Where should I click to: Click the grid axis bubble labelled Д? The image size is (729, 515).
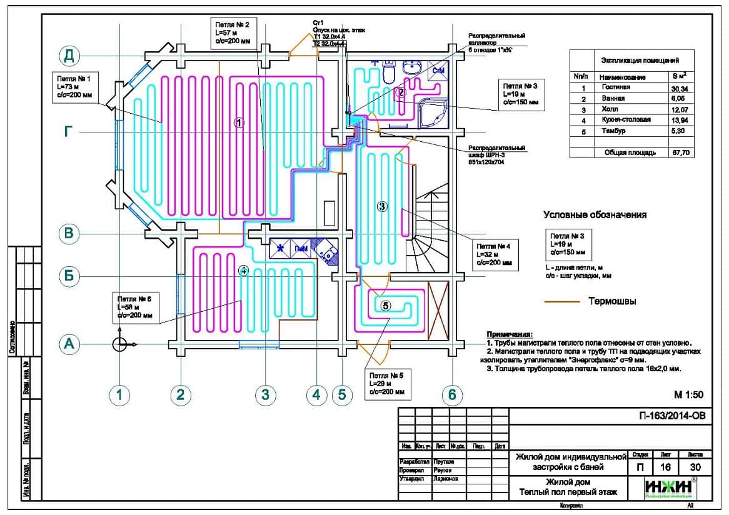point(69,56)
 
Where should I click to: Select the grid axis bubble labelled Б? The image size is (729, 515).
point(69,276)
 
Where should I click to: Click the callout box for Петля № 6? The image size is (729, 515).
point(135,307)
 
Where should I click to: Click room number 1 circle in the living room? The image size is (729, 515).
point(238,123)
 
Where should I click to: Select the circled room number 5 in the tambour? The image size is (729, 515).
point(385,306)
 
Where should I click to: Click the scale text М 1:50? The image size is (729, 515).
point(688,394)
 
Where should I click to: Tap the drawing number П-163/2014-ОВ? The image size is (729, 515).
point(671,416)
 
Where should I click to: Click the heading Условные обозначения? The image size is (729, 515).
point(595,215)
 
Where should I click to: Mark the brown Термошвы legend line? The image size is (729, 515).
point(562,301)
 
